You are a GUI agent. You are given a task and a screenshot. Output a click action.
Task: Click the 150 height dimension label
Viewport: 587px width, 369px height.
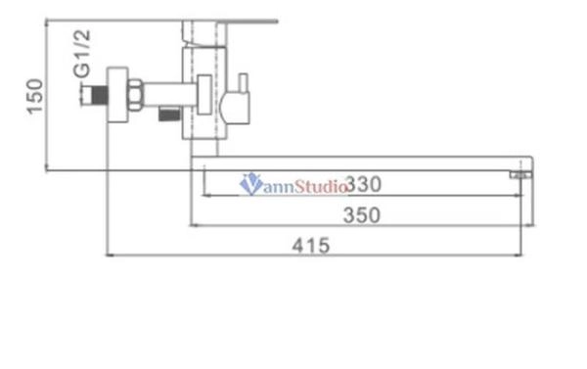[x=33, y=96]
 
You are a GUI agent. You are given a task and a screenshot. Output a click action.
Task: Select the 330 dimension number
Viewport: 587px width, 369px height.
[x=363, y=183]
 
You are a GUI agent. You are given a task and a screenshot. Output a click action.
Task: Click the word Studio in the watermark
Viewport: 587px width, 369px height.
[x=316, y=183]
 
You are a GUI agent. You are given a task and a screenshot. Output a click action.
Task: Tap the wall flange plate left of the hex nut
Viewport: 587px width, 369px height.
[x=117, y=96]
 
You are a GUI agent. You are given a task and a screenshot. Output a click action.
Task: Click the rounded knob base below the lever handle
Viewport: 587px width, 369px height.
[x=235, y=105]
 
